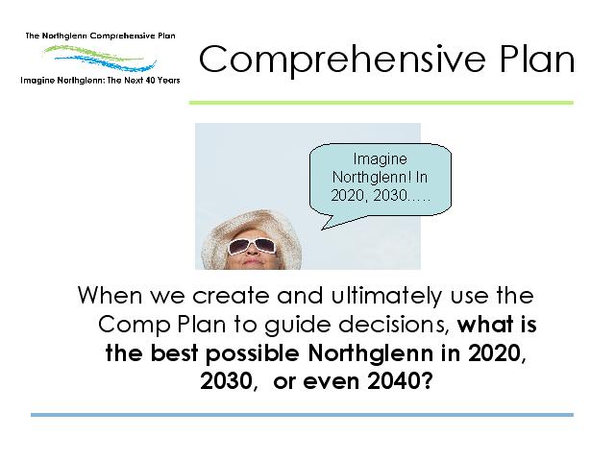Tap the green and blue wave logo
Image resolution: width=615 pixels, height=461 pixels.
pos(100,58)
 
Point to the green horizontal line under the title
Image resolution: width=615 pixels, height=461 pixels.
pos(381,103)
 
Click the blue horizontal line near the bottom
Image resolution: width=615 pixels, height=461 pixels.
pos(302,414)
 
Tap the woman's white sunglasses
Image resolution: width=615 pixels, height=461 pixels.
pos(252,246)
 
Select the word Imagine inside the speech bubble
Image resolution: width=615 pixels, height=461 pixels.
pos(381,159)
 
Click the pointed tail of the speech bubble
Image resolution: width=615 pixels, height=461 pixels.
pos(323,230)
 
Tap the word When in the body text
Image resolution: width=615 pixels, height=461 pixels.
pos(110,295)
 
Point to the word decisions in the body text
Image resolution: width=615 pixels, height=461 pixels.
pos(394,325)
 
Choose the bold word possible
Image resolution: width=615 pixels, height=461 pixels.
pos(252,354)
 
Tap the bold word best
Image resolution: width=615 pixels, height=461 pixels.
pos(174,353)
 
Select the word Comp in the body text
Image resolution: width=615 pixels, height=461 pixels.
pos(134,326)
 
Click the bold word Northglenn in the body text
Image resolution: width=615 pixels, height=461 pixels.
pos(371,354)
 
